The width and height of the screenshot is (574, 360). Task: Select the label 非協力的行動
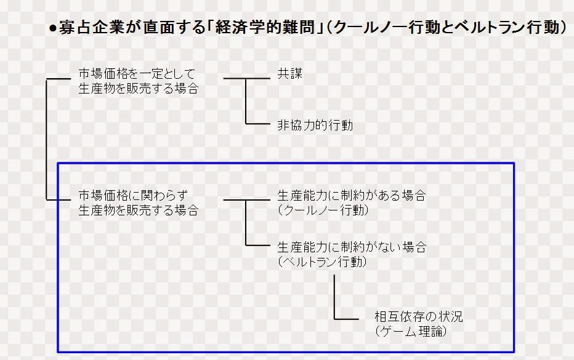coord(315,126)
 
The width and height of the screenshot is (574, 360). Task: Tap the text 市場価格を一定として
coord(136,74)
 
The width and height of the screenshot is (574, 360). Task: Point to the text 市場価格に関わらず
coord(132,196)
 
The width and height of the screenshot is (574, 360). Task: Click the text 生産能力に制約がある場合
coord(351,196)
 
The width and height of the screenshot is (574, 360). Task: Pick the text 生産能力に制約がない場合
coord(351,248)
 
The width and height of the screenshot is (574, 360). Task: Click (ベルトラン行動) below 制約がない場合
coord(322,262)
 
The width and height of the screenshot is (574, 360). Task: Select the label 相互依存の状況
coord(418,318)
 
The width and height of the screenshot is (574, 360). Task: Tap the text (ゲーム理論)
coord(410,332)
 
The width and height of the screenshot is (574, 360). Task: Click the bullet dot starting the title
coord(53,29)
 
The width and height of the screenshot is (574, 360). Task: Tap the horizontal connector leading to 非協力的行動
coord(259,123)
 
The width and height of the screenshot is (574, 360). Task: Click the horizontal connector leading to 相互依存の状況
coord(346,319)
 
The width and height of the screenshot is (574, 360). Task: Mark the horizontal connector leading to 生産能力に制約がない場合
coord(259,245)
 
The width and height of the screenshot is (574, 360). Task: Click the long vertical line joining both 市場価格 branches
coord(47,138)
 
